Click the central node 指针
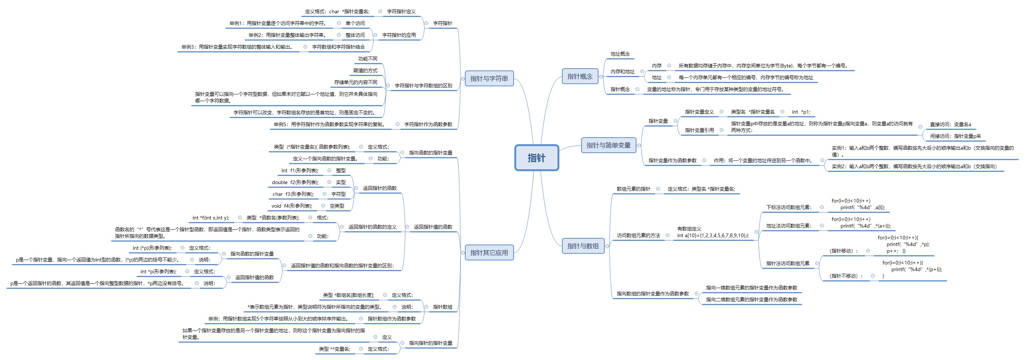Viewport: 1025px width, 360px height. tap(536, 158)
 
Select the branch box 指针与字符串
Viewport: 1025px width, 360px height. tap(489, 78)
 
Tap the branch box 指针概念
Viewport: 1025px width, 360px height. tap(580, 76)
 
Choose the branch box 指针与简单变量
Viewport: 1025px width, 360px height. tap(608, 145)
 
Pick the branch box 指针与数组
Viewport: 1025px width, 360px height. tap(583, 246)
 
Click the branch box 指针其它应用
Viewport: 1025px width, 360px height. tap(489, 253)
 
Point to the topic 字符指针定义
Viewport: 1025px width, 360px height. tap(401, 11)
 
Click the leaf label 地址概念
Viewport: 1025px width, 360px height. tap(620, 54)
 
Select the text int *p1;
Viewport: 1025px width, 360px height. tap(801, 112)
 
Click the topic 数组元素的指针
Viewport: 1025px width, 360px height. tap(634, 189)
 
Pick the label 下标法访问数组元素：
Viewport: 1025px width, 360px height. tap(788, 207)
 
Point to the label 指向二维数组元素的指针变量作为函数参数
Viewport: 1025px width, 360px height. tap(751, 300)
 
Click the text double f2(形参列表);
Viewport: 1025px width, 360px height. tap(295, 182)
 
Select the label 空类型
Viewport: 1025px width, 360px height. tap(337, 206)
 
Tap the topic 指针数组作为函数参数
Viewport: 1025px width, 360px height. tap(391, 319)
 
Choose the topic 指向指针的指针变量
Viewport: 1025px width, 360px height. tap(431, 343)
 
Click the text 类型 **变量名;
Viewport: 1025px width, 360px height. tap(334, 349)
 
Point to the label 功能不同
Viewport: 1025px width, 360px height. tap(367, 59)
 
